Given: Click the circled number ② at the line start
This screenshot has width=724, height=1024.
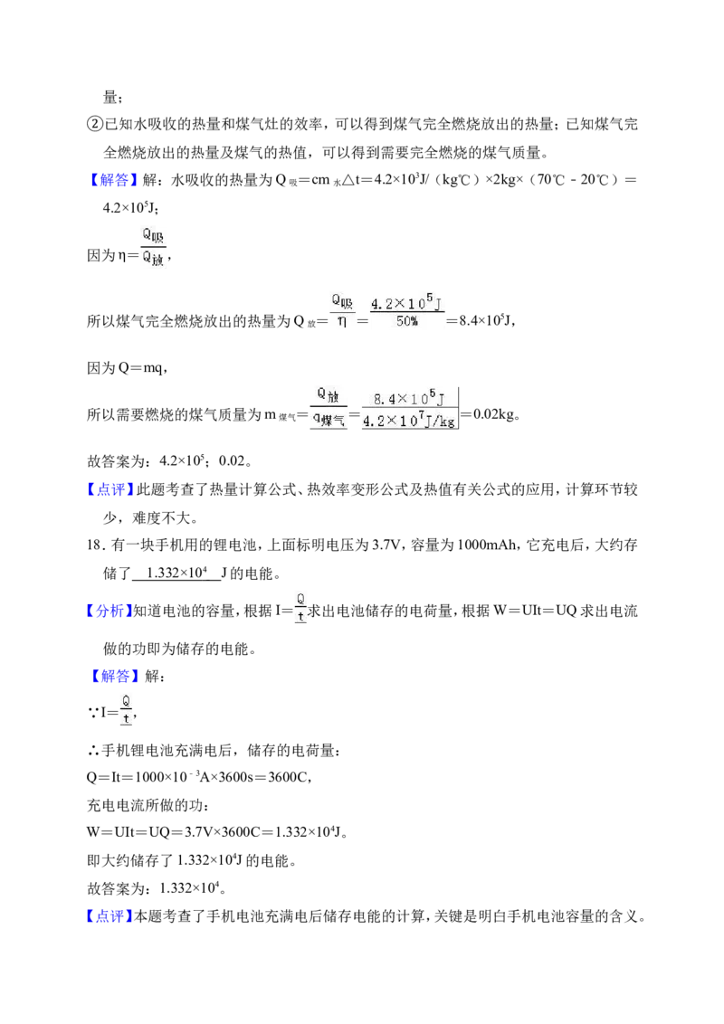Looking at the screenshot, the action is click(95, 124).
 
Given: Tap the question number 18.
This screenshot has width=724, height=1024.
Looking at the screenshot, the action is click(95, 545).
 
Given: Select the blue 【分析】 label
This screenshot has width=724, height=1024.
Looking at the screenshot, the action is click(108, 612).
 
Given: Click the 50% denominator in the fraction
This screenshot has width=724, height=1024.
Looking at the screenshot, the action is click(407, 321).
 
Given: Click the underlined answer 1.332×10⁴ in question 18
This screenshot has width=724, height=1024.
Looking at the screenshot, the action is click(176, 573).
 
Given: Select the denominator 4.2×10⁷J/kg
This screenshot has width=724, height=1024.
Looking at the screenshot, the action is click(409, 422).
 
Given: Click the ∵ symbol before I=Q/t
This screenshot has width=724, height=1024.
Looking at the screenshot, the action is click(93, 713).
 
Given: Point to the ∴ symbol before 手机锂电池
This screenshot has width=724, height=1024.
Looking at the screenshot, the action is click(93, 751).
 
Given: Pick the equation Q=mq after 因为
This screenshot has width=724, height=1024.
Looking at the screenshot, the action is click(141, 368).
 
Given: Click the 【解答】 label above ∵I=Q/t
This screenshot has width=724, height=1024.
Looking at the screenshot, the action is click(114, 677).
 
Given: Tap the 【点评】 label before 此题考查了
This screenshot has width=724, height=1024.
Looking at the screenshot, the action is click(110, 489).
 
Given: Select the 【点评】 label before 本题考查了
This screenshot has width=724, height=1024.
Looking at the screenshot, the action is click(110, 917).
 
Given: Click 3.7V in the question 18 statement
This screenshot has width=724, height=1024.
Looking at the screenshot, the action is click(386, 545).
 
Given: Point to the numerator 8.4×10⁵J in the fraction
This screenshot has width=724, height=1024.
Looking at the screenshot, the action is click(409, 398).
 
